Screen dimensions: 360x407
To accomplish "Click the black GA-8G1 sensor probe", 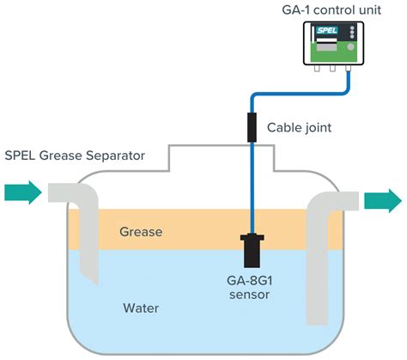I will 253,248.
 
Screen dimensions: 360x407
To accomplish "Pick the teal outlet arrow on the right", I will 382,200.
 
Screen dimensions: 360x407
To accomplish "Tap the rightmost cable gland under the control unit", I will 349,71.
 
